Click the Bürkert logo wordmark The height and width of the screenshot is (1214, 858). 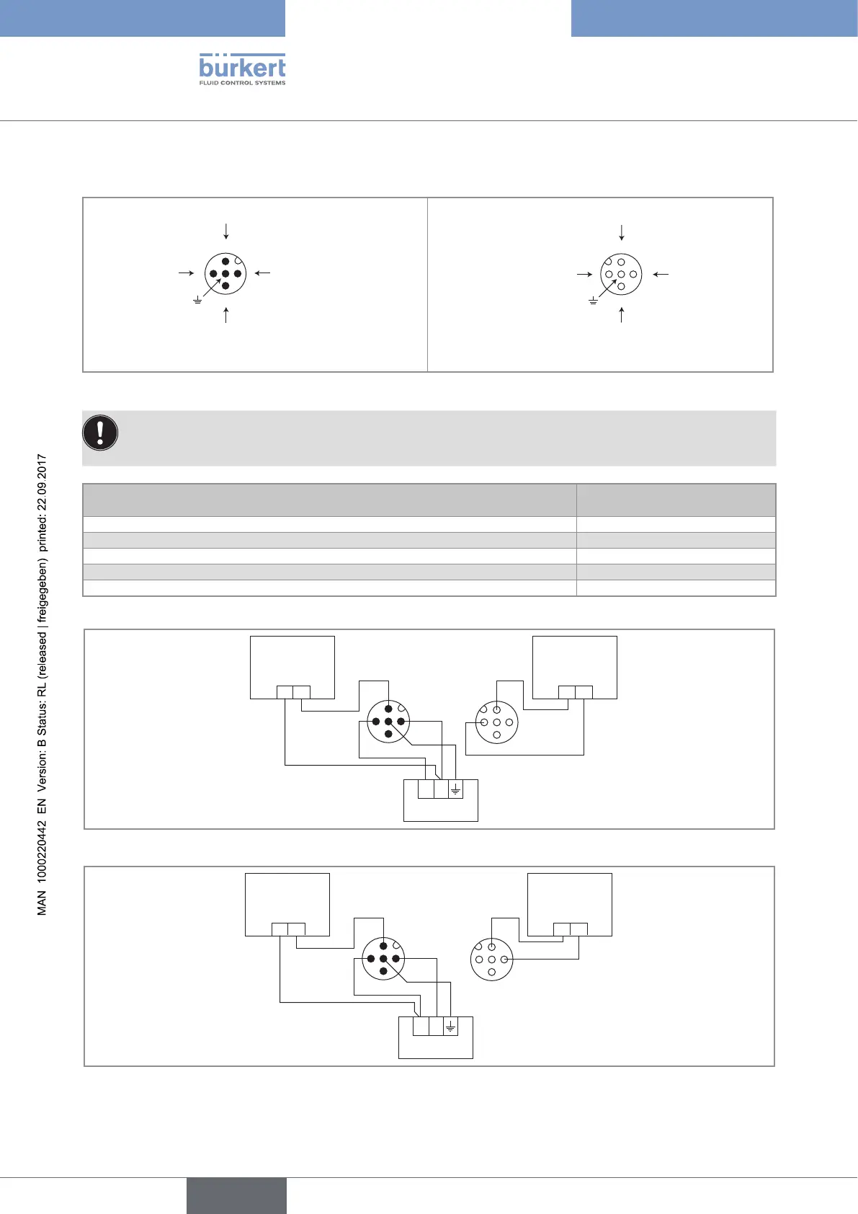(242, 67)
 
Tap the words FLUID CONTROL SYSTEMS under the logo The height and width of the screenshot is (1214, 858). (242, 83)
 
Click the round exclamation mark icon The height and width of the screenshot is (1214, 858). (101, 433)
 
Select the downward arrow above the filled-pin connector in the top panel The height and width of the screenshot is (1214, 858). (226, 231)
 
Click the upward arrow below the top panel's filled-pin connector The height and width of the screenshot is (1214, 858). (226, 314)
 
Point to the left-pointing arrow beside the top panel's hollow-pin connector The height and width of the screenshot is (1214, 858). (661, 274)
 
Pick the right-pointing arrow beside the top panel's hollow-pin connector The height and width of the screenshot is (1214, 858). (584, 274)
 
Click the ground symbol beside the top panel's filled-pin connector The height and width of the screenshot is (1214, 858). (197, 299)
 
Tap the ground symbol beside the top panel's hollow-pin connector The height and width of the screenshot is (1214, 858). (593, 299)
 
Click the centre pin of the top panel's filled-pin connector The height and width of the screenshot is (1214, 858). (225, 274)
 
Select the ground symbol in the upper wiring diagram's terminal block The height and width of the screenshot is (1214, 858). (455, 790)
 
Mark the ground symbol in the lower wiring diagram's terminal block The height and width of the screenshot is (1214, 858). (450, 1027)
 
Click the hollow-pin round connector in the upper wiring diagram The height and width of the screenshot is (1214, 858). (496, 722)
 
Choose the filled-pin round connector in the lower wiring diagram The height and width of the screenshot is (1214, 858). (383, 959)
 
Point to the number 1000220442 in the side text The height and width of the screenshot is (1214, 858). (43, 856)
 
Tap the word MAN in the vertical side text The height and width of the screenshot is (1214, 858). (43, 903)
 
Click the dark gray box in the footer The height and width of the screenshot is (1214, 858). (236, 1195)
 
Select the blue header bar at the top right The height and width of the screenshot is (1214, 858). (714, 18)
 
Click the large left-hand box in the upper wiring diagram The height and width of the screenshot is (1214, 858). (292, 667)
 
